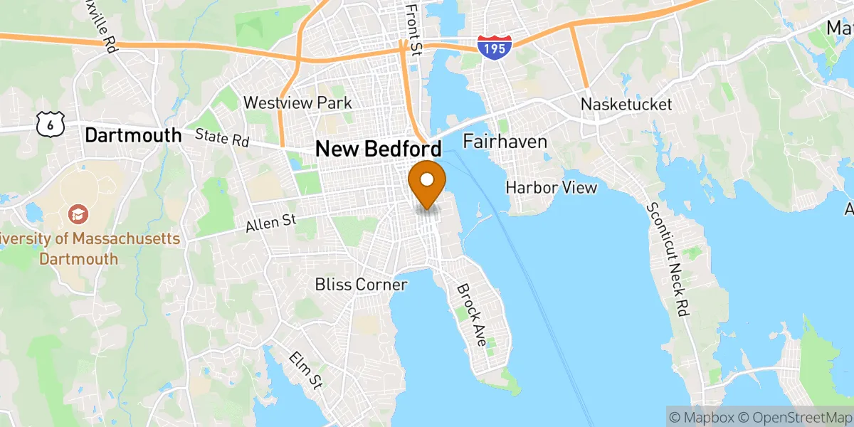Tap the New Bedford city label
[x=378, y=149]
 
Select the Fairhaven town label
[x=505, y=142]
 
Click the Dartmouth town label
[x=132, y=135]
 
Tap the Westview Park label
[x=297, y=103]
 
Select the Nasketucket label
[x=626, y=105]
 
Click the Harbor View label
[x=551, y=187]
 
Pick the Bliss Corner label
[x=361, y=285]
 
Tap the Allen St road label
[x=270, y=224]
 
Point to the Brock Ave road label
[x=471, y=315]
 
